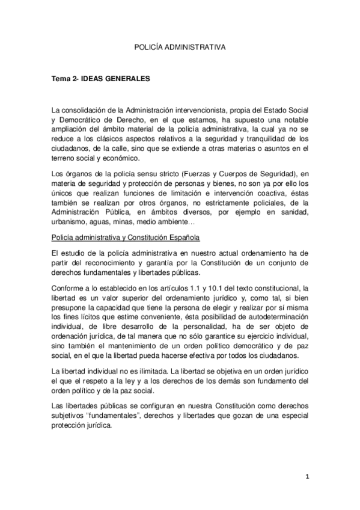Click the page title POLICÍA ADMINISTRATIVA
click(180, 45)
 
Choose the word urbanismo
click(70, 221)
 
